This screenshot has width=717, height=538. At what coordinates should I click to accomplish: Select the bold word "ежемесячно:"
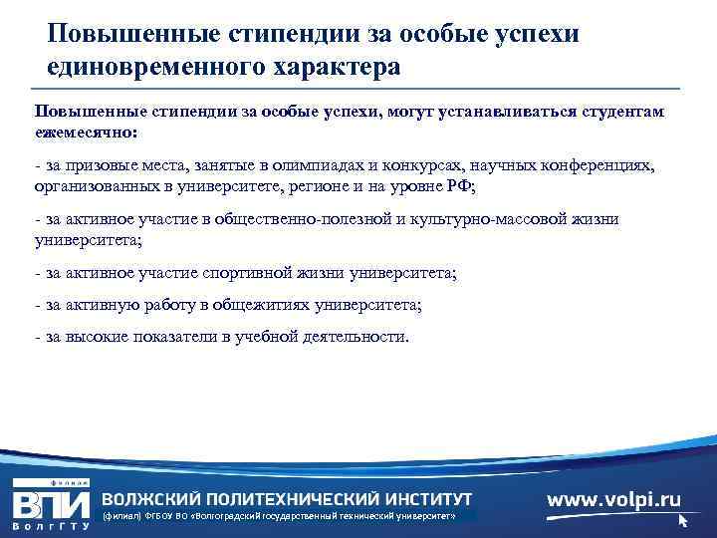tap(86, 132)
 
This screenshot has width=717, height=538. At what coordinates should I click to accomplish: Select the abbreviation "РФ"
tap(464, 184)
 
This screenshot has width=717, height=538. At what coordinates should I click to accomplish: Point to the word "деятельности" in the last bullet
tap(354, 337)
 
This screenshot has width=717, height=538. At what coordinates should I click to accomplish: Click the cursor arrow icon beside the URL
tap(683, 520)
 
